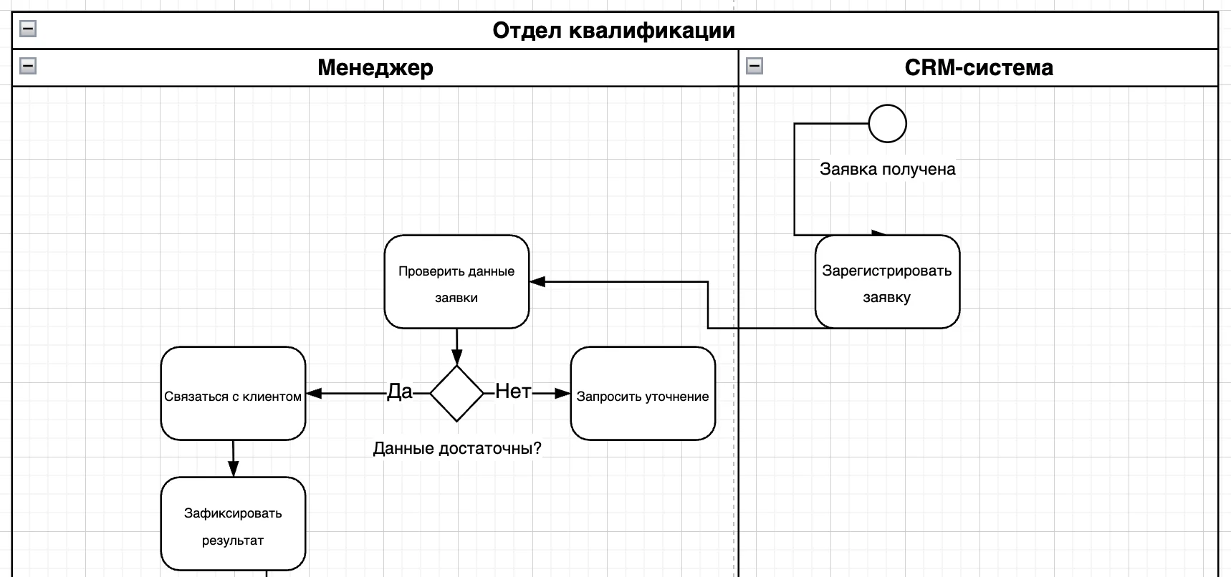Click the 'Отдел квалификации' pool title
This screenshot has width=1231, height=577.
click(613, 31)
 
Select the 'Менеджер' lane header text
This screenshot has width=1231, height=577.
click(375, 68)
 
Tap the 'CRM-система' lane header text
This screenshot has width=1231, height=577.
click(978, 68)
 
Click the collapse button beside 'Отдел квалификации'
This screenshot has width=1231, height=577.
click(28, 29)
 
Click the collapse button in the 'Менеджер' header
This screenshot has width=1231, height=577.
click(28, 66)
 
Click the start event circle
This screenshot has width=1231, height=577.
click(887, 124)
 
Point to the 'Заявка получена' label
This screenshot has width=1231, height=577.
click(887, 170)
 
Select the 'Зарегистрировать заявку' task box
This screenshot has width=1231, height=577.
click(887, 282)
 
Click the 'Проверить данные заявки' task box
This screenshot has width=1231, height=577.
click(456, 282)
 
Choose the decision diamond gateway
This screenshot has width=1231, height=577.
click(457, 393)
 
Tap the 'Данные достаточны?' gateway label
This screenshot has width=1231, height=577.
click(457, 449)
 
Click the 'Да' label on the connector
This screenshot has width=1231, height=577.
click(400, 392)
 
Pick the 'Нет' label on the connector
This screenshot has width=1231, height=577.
click(513, 392)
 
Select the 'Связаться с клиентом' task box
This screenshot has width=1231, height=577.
click(233, 394)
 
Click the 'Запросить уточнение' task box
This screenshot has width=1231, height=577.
click(643, 394)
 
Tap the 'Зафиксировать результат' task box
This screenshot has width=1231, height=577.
click(233, 524)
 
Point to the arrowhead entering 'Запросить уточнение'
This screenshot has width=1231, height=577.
click(562, 393)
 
